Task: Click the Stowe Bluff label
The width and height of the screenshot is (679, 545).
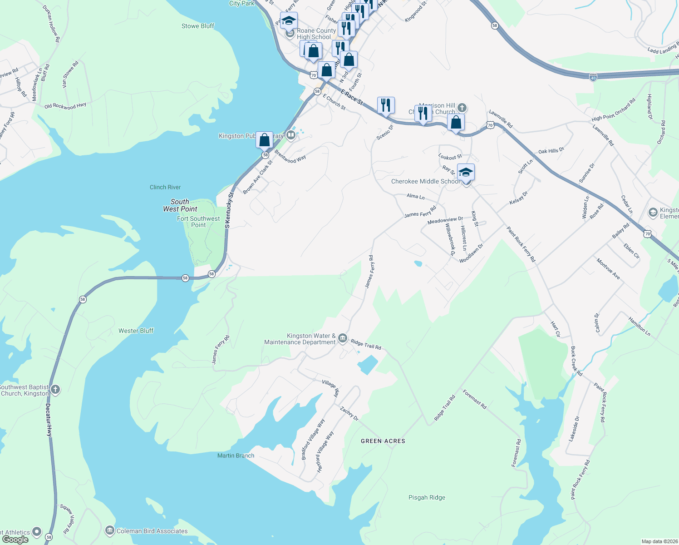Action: pyautogui.click(x=197, y=26)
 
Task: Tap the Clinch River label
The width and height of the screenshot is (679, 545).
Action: pyautogui.click(x=165, y=187)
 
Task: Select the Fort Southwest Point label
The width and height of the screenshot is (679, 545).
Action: pyautogui.click(x=198, y=222)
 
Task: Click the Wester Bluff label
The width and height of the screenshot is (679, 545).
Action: pyautogui.click(x=136, y=331)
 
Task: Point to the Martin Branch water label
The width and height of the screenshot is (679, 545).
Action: pyautogui.click(x=236, y=456)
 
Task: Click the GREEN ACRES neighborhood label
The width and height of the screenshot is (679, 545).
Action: pyautogui.click(x=383, y=441)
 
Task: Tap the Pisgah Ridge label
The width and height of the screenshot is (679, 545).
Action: pyautogui.click(x=427, y=497)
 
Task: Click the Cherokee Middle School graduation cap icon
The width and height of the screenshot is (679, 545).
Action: pyautogui.click(x=466, y=173)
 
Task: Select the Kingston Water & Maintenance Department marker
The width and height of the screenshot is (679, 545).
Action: pyautogui.click(x=343, y=338)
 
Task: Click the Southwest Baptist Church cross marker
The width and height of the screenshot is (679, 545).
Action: pyautogui.click(x=55, y=389)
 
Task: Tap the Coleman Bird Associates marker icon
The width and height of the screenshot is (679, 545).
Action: pyautogui.click(x=109, y=530)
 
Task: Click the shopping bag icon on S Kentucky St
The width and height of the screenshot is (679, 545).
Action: pyautogui.click(x=264, y=140)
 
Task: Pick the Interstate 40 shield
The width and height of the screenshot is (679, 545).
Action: pyautogui.click(x=593, y=78)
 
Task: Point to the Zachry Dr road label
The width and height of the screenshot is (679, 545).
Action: pyautogui.click(x=349, y=413)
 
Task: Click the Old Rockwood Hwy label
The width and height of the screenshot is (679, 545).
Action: pyautogui.click(x=65, y=106)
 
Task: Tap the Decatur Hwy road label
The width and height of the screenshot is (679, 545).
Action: pyautogui.click(x=49, y=420)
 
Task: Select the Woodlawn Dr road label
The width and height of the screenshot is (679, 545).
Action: pyautogui.click(x=471, y=253)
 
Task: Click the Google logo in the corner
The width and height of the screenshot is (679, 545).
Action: pyautogui.click(x=15, y=540)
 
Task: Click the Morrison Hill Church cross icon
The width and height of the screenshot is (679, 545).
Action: pyautogui.click(x=462, y=108)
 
